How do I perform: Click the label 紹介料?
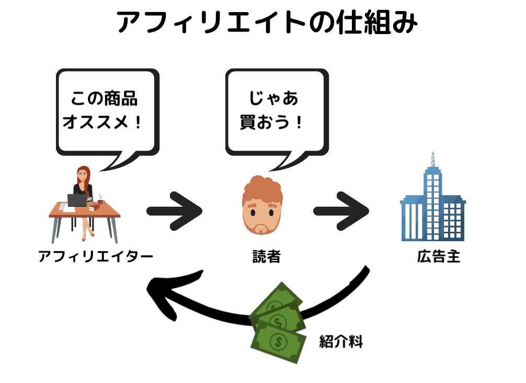click(x=341, y=343)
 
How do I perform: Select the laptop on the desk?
click(x=77, y=200)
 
